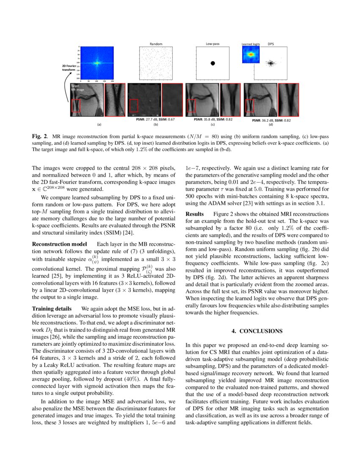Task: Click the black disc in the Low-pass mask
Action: coord(213,63)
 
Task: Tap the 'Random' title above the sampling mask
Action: coord(156,44)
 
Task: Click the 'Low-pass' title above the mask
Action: coord(213,44)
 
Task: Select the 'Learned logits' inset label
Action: coord(250,44)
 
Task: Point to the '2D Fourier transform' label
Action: coord(69,68)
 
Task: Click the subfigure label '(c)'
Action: coord(213,125)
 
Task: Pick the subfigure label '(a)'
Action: coord(99,125)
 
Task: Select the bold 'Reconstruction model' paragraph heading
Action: coord(59,244)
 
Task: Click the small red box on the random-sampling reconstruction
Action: coord(133,105)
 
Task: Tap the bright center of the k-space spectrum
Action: coord(97,63)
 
